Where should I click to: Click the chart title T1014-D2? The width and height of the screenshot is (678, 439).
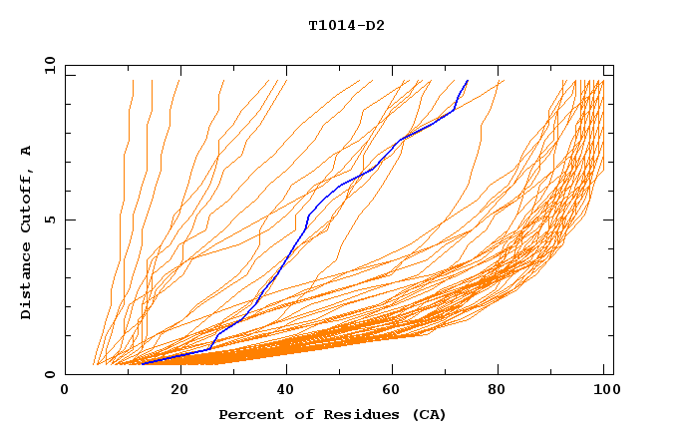(x=346, y=26)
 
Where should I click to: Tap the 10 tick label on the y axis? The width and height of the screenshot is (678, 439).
(x=48, y=65)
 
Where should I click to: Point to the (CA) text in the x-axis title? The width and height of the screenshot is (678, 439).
(x=426, y=415)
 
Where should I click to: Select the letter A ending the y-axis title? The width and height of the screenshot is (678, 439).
(x=27, y=150)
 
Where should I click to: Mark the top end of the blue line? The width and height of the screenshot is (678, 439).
(x=468, y=80)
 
